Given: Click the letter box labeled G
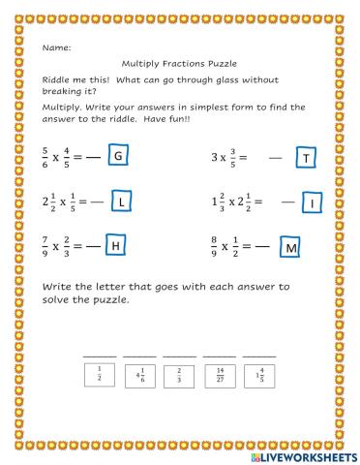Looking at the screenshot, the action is (x=119, y=156).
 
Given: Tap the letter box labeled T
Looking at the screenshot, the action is (x=306, y=157).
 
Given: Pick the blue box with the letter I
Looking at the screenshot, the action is (x=312, y=201).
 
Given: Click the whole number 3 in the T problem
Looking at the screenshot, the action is (x=213, y=157).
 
